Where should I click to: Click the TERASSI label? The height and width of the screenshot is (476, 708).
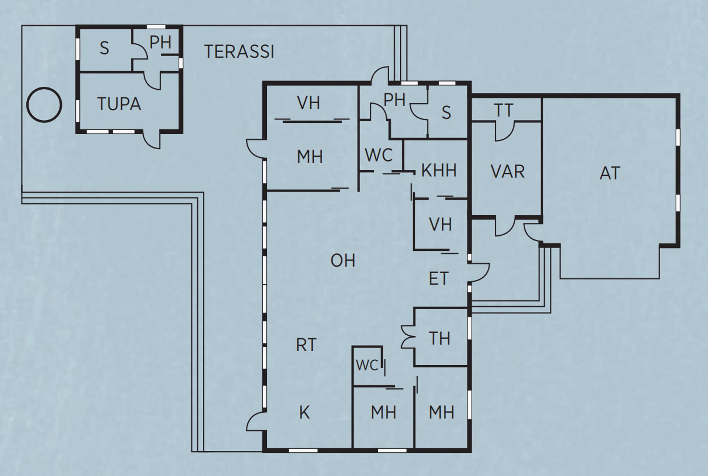239,52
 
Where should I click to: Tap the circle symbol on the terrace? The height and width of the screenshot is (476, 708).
44,105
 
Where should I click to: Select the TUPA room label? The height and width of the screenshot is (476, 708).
119,104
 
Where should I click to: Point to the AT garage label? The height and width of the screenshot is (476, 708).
610,173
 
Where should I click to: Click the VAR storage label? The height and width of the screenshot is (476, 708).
507,172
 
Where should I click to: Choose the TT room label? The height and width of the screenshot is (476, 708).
504,110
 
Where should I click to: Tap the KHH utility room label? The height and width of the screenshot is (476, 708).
439,170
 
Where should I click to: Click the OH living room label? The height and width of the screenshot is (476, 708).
343,261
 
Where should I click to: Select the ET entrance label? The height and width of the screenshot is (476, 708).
438,279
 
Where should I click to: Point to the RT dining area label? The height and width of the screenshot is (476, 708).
306,345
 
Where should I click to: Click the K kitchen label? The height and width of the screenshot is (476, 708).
304,413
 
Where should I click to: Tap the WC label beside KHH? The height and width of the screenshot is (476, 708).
379,155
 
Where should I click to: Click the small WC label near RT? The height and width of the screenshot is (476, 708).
367,365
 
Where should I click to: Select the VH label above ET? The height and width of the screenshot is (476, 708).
440,225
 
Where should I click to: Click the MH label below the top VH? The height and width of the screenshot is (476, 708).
310,157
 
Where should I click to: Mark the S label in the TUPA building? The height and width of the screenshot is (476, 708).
104,48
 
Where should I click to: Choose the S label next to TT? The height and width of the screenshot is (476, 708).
446,113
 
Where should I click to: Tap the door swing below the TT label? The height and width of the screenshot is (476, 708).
505,132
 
